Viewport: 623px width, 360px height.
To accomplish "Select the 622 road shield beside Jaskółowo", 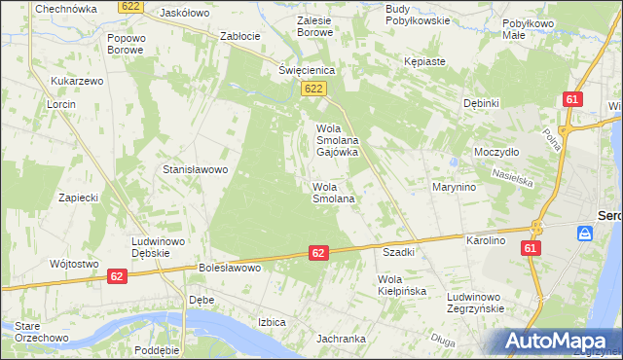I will point(130,7).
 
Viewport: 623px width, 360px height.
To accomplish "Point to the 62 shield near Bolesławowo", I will point(318,252).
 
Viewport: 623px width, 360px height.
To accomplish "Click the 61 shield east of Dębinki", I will point(572,99).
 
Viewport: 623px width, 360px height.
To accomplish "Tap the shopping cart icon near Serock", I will point(584,234).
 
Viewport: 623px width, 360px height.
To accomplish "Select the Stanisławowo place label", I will point(195,169).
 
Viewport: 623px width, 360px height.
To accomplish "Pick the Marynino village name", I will point(454,188).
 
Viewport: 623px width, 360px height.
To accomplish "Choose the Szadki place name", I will point(399,252).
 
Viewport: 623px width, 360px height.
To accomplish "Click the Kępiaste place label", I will point(424,61).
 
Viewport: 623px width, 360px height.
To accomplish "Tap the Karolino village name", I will point(486,239).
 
